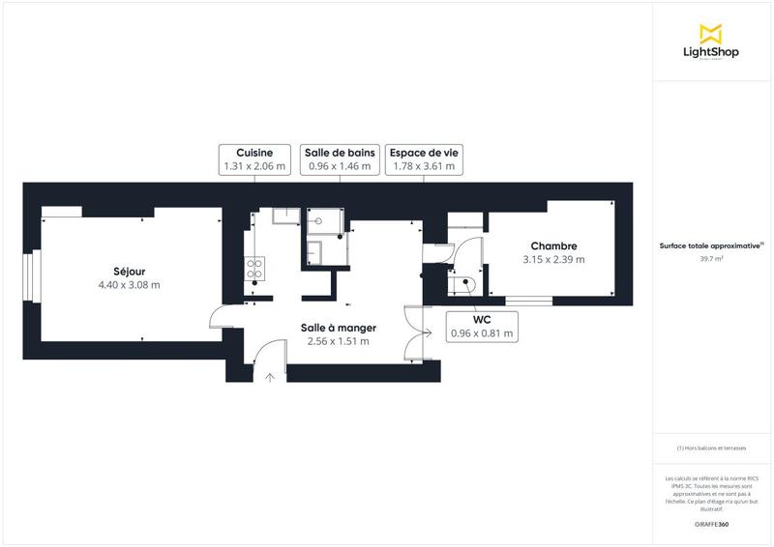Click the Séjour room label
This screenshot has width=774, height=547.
point(129,272)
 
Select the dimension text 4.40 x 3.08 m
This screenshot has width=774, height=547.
point(129,285)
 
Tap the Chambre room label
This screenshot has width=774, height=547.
point(553,246)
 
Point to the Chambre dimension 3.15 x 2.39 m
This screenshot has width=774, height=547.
point(553,260)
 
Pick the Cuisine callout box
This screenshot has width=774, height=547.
point(254,159)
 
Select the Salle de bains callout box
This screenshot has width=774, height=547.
point(340,159)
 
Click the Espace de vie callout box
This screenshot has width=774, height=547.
point(423,159)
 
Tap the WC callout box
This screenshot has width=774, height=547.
point(481,327)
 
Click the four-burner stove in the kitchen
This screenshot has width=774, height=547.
point(256,268)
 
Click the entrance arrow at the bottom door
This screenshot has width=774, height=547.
point(270,377)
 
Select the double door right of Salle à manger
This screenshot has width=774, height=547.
point(417,333)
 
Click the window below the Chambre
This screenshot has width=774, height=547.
point(529,302)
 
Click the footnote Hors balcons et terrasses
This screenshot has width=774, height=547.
point(712,447)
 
